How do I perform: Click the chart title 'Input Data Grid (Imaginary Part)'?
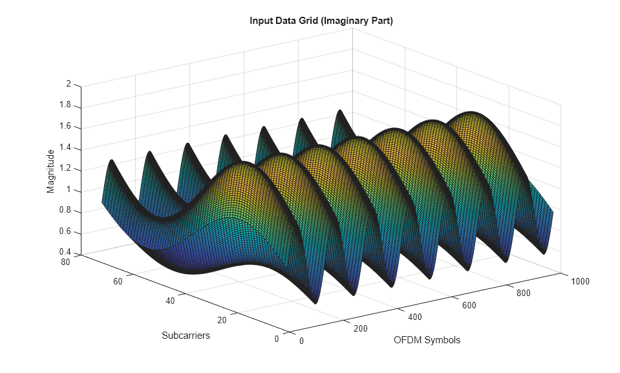[321, 21]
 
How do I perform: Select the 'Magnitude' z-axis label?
[50, 171]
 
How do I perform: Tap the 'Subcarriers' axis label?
[186, 336]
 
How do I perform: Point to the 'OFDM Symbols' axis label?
[427, 340]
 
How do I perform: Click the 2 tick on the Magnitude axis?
[68, 84]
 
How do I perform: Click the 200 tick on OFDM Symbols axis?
[361, 328]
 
